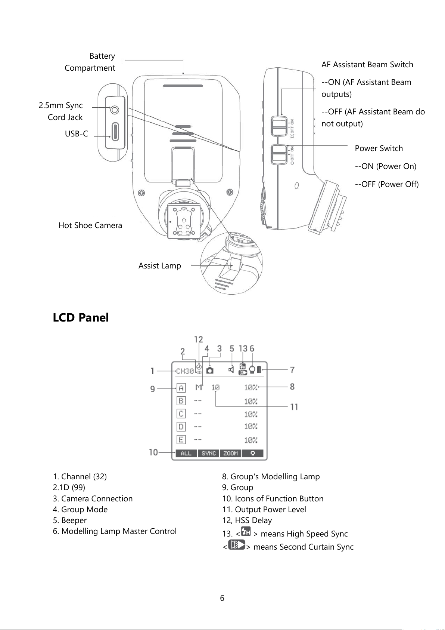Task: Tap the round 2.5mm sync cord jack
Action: [x=115, y=110]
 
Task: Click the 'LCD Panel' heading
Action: [x=81, y=317]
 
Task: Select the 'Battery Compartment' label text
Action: [x=90, y=62]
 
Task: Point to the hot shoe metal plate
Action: [x=184, y=221]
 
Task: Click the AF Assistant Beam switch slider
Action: [x=278, y=126]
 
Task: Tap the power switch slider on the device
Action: [x=279, y=154]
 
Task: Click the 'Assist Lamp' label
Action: [x=159, y=266]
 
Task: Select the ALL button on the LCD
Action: [x=186, y=453]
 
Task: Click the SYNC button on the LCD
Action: [x=209, y=453]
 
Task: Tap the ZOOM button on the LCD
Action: [x=230, y=453]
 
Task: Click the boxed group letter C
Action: [x=181, y=414]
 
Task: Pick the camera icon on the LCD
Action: [x=210, y=370]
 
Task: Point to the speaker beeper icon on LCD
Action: [x=231, y=369]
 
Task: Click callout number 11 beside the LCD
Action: [x=294, y=407]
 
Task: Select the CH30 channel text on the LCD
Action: [x=185, y=371]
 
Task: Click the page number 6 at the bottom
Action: [x=222, y=598]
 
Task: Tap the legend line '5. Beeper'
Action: [x=70, y=520]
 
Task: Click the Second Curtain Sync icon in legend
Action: [x=237, y=544]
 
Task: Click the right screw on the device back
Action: [x=230, y=193]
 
